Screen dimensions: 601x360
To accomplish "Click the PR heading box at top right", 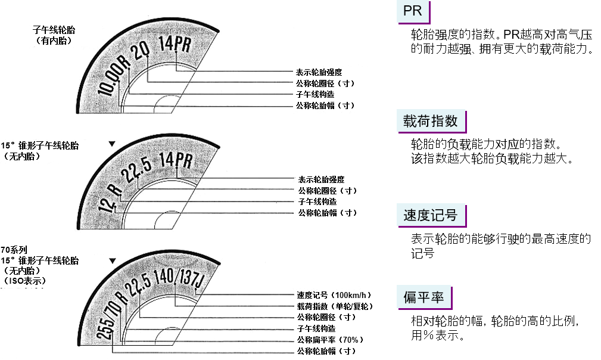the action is tap(413, 13).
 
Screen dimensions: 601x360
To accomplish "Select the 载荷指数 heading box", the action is tap(432, 122).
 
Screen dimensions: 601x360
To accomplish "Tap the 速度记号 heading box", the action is tap(432, 215).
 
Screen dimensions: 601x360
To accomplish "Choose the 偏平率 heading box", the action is tap(425, 297).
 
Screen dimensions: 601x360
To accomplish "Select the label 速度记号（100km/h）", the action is tap(334, 295).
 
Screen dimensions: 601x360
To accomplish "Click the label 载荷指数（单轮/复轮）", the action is tap(335, 306).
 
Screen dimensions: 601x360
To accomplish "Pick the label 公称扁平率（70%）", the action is tap(330, 340).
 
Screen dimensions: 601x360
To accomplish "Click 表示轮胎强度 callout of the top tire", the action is tap(319, 72).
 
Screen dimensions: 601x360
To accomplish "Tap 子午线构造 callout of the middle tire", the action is tap(317, 201).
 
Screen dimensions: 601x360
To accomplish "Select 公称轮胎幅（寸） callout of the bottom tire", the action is tap(326, 351).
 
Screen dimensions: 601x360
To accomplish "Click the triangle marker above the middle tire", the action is tap(112, 144).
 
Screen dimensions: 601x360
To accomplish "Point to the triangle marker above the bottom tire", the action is tap(113, 260).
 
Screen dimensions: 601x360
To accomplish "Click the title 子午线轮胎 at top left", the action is tap(54, 30).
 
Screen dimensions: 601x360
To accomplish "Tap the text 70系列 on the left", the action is tap(14, 250).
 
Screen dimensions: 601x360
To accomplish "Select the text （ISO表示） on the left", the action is tap(24, 281).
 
